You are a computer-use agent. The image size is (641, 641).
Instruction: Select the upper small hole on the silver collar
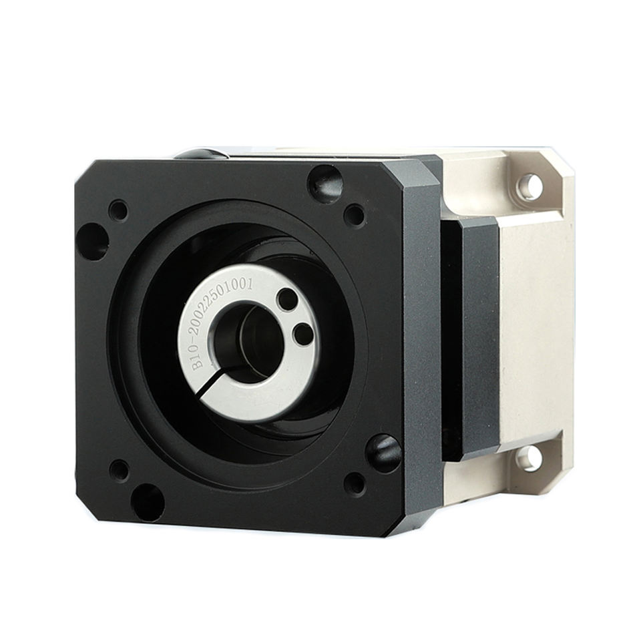point(286,299)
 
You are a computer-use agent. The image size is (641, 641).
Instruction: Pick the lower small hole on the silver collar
point(304,334)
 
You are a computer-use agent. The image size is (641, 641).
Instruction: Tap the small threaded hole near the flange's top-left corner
point(118,210)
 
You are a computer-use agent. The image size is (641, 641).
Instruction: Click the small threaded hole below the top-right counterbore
point(355,215)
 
